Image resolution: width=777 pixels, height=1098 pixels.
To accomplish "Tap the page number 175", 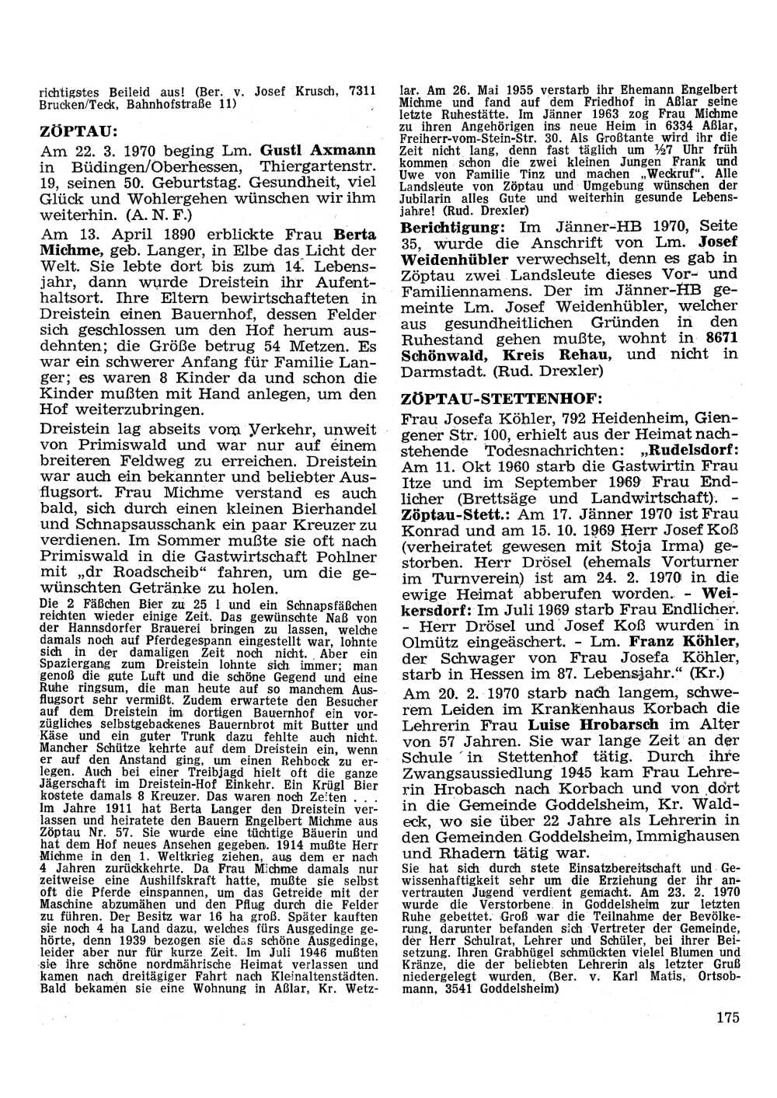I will pyautogui.click(x=728, y=1019).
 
